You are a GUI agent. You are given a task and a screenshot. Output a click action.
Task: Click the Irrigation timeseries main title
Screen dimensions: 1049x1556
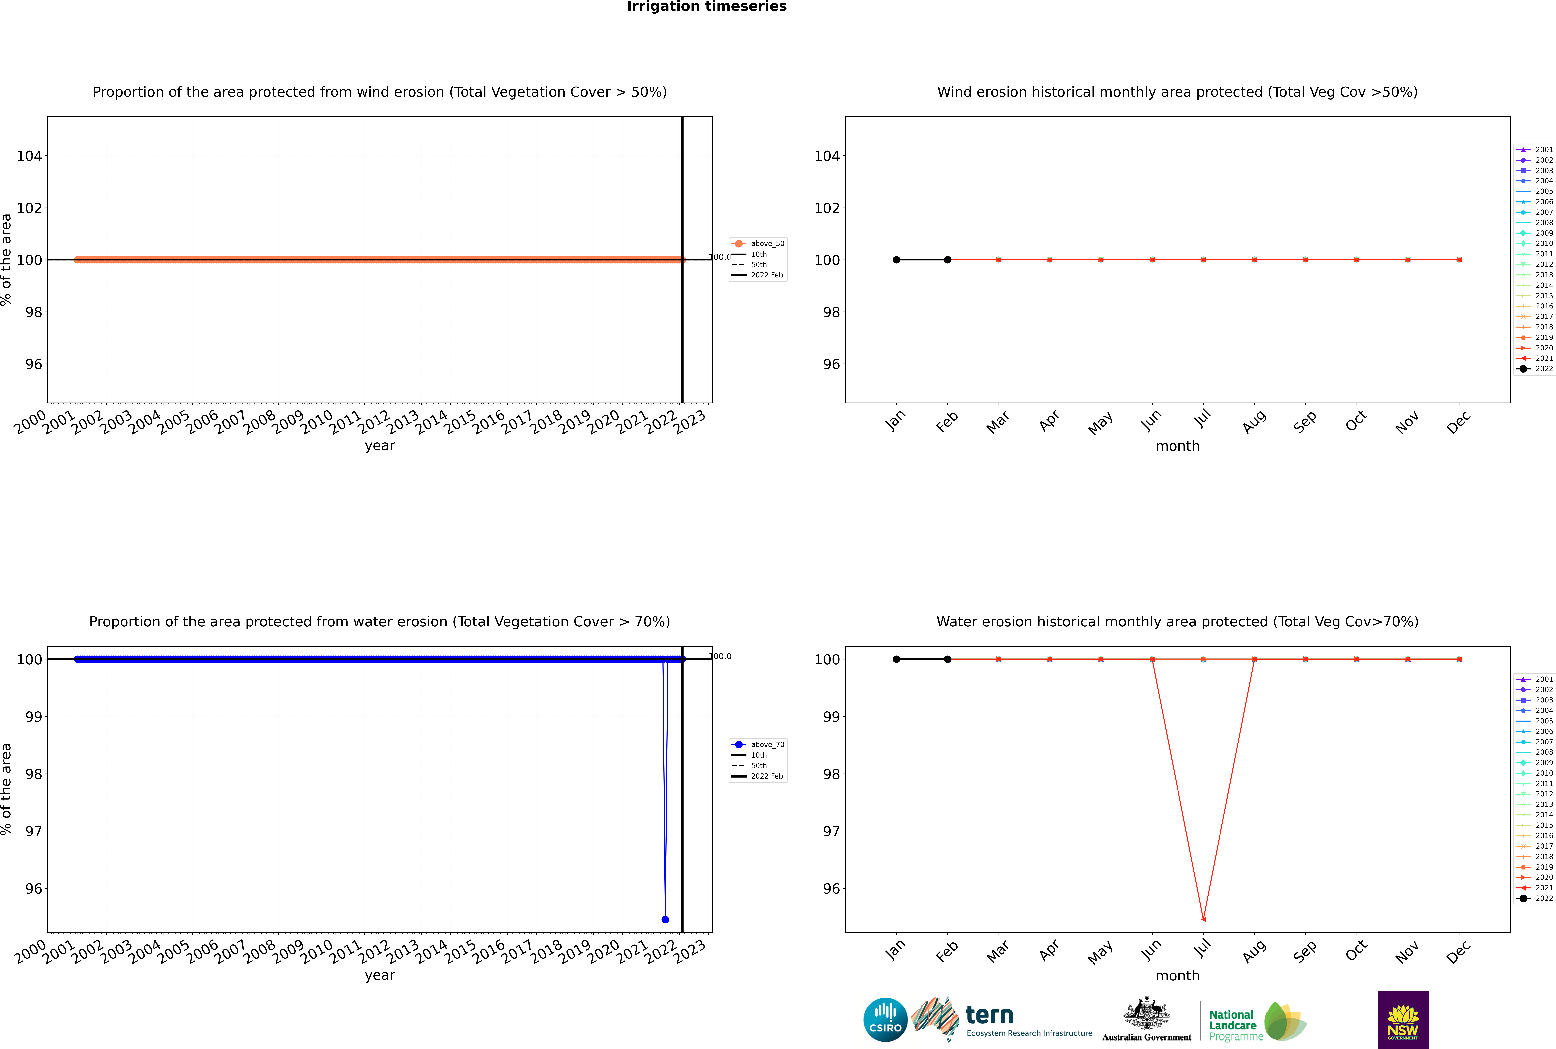(706, 7)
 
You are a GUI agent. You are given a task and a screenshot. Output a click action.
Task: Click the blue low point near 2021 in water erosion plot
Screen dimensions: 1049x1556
(665, 919)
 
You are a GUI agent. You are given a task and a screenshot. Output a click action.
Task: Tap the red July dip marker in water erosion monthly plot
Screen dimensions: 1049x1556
(1203, 919)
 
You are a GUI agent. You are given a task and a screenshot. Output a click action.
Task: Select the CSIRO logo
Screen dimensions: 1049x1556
(885, 1020)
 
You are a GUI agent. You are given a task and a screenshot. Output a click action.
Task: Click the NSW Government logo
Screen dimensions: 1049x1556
(1403, 1020)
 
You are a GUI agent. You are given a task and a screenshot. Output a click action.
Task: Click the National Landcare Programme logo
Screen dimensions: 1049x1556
(1256, 1022)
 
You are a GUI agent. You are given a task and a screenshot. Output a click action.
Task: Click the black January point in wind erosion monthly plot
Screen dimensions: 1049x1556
(896, 260)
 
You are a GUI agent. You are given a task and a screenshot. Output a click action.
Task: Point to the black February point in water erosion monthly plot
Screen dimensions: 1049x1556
(947, 659)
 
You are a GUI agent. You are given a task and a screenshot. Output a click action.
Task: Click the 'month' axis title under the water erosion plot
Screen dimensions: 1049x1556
(1177, 975)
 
